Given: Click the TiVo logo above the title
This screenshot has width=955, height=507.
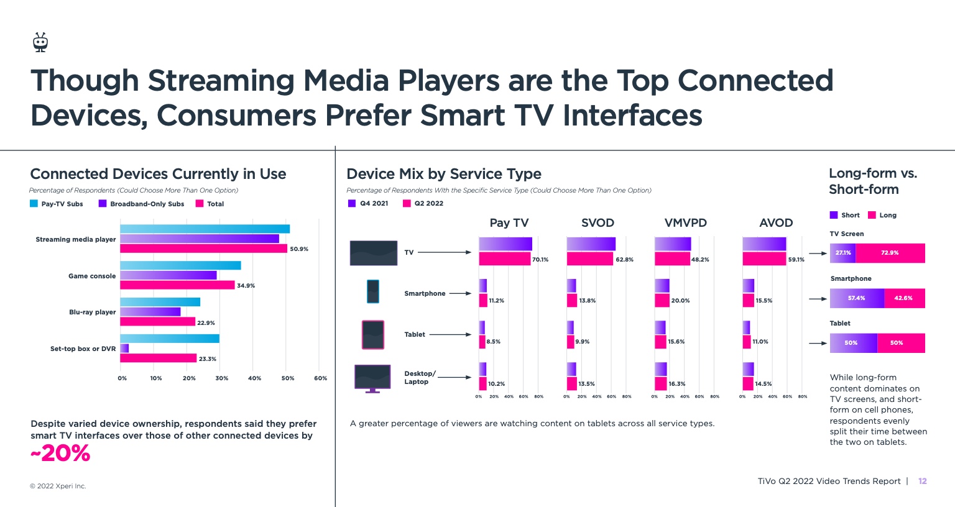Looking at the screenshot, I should (40, 42).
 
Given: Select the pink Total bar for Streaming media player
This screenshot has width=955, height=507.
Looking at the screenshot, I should (203, 249).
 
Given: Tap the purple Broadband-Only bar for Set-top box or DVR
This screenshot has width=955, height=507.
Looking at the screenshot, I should (124, 349).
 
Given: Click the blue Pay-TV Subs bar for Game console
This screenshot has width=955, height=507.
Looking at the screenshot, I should (180, 265).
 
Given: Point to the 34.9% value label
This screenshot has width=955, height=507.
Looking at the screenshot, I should (246, 286).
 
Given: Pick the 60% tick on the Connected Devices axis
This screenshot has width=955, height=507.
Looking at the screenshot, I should (320, 378).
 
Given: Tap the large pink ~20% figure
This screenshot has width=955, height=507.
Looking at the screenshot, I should (60, 454).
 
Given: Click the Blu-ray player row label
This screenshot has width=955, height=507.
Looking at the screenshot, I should (92, 312).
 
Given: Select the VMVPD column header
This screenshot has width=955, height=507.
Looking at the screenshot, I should (685, 223).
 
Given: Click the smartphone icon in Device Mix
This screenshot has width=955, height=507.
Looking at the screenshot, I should (373, 291).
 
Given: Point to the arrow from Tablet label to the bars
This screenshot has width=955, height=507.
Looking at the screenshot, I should (450, 335).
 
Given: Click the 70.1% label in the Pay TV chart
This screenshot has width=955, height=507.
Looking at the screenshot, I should (540, 260).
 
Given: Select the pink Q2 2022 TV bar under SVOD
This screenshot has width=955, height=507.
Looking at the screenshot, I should (589, 258).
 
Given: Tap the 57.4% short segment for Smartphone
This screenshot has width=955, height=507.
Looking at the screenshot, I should (857, 298).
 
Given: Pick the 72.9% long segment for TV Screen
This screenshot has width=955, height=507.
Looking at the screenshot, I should (890, 253).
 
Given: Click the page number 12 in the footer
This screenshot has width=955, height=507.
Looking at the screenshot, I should (923, 481).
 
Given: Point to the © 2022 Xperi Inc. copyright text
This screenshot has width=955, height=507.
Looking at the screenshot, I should (58, 486).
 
